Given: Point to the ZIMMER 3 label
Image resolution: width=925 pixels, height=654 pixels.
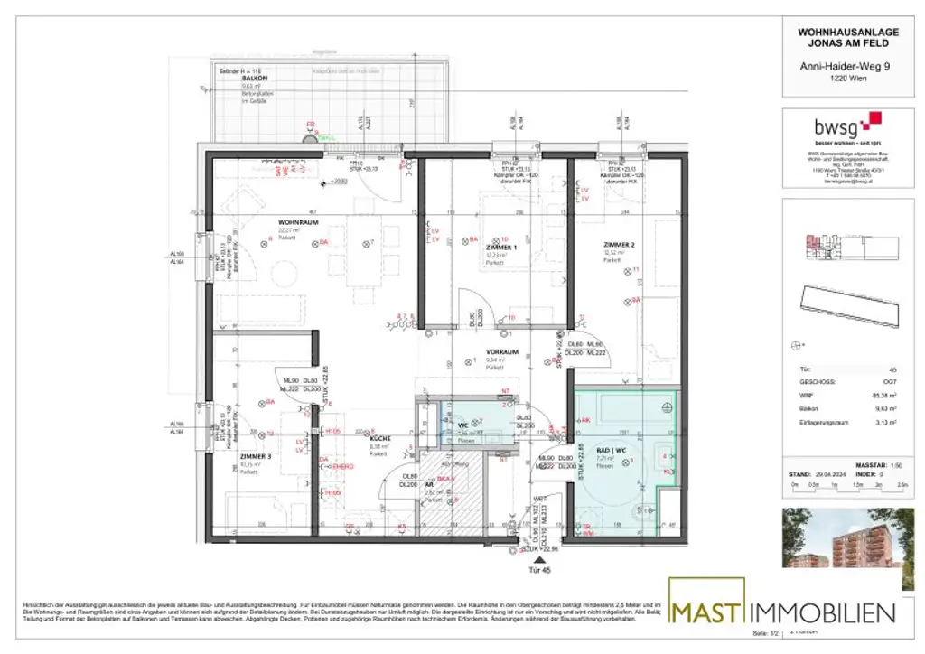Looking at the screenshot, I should pos(256,456).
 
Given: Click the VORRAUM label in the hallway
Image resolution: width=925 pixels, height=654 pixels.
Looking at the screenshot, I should pos(500,352).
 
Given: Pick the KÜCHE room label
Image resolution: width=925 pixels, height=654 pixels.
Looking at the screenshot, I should pos(378,438).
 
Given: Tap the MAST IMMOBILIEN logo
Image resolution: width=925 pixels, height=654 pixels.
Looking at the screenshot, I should pos(782,612).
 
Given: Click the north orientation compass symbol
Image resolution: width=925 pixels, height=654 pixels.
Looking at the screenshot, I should pos(796,344).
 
